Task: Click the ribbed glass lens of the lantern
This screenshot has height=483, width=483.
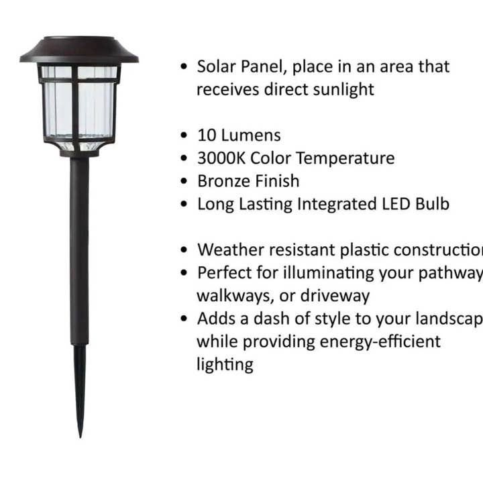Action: pos(79,107)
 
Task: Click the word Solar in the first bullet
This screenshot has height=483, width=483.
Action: pos(214,66)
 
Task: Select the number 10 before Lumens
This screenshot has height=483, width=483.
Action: pos(206,135)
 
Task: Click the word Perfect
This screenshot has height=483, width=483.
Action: pos(224,273)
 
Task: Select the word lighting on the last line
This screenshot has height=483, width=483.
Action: pos(224,365)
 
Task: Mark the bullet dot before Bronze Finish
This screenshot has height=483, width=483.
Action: pos(184,182)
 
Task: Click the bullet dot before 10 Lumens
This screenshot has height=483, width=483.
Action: pos(184,136)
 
